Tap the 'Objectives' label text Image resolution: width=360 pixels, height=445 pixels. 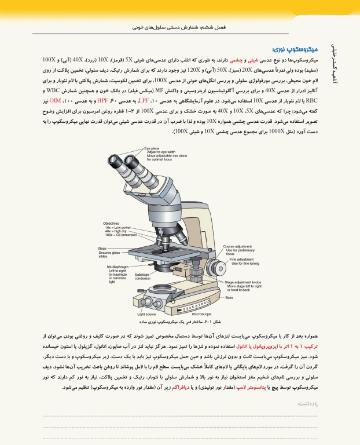[x=111, y=223]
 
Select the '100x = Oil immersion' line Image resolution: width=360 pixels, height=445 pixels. [x=120, y=235]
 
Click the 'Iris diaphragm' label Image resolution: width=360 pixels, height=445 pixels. [x=117, y=267]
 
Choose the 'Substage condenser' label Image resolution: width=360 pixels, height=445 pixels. [x=142, y=276]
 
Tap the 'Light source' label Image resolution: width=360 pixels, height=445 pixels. [x=148, y=313]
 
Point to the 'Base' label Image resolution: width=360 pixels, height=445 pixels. [x=230, y=297]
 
